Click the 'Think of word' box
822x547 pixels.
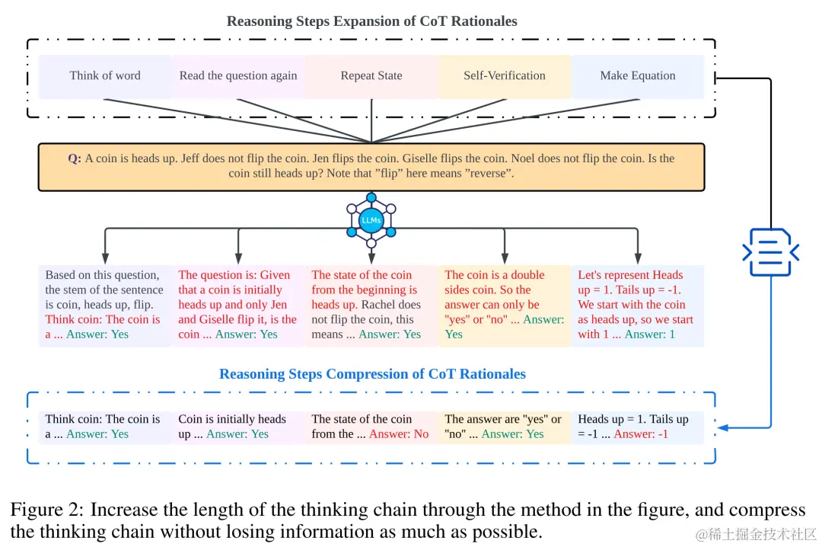click(105, 75)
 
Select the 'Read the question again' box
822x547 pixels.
click(238, 75)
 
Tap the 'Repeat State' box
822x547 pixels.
click(371, 75)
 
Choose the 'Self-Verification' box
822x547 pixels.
click(504, 75)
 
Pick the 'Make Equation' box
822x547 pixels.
click(638, 75)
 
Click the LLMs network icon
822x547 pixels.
click(371, 219)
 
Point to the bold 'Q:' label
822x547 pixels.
click(74, 158)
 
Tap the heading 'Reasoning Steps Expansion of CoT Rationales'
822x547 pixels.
click(371, 21)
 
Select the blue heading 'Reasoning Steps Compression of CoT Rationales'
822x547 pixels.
click(372, 374)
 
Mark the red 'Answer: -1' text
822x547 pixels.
click(641, 434)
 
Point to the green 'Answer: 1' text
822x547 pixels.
click(649, 334)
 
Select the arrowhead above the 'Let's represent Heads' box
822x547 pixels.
click(638, 258)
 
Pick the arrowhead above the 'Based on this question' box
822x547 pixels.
click(105, 258)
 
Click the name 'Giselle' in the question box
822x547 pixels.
click(435, 158)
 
